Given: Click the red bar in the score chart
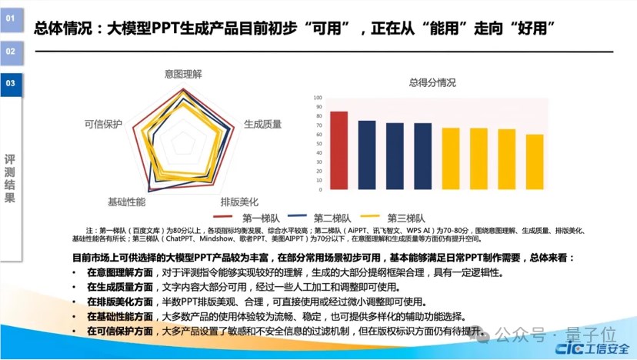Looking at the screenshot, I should click(x=339, y=152).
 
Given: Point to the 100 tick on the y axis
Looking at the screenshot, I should click(x=318, y=98).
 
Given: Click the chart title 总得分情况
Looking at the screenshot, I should click(x=432, y=83).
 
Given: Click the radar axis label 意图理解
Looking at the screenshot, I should click(x=183, y=74).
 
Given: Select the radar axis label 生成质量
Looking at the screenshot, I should click(x=262, y=123).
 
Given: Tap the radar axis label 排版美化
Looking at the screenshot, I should click(x=239, y=202).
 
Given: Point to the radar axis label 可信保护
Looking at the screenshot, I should click(x=103, y=123).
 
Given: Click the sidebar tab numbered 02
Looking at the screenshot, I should click(x=11, y=52).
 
